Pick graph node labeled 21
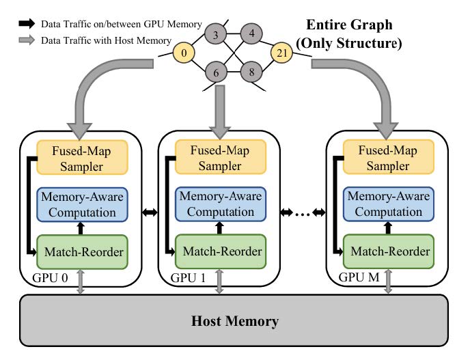[282, 51]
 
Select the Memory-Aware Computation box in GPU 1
[221, 204]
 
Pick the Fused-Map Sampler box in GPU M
[387, 156]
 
